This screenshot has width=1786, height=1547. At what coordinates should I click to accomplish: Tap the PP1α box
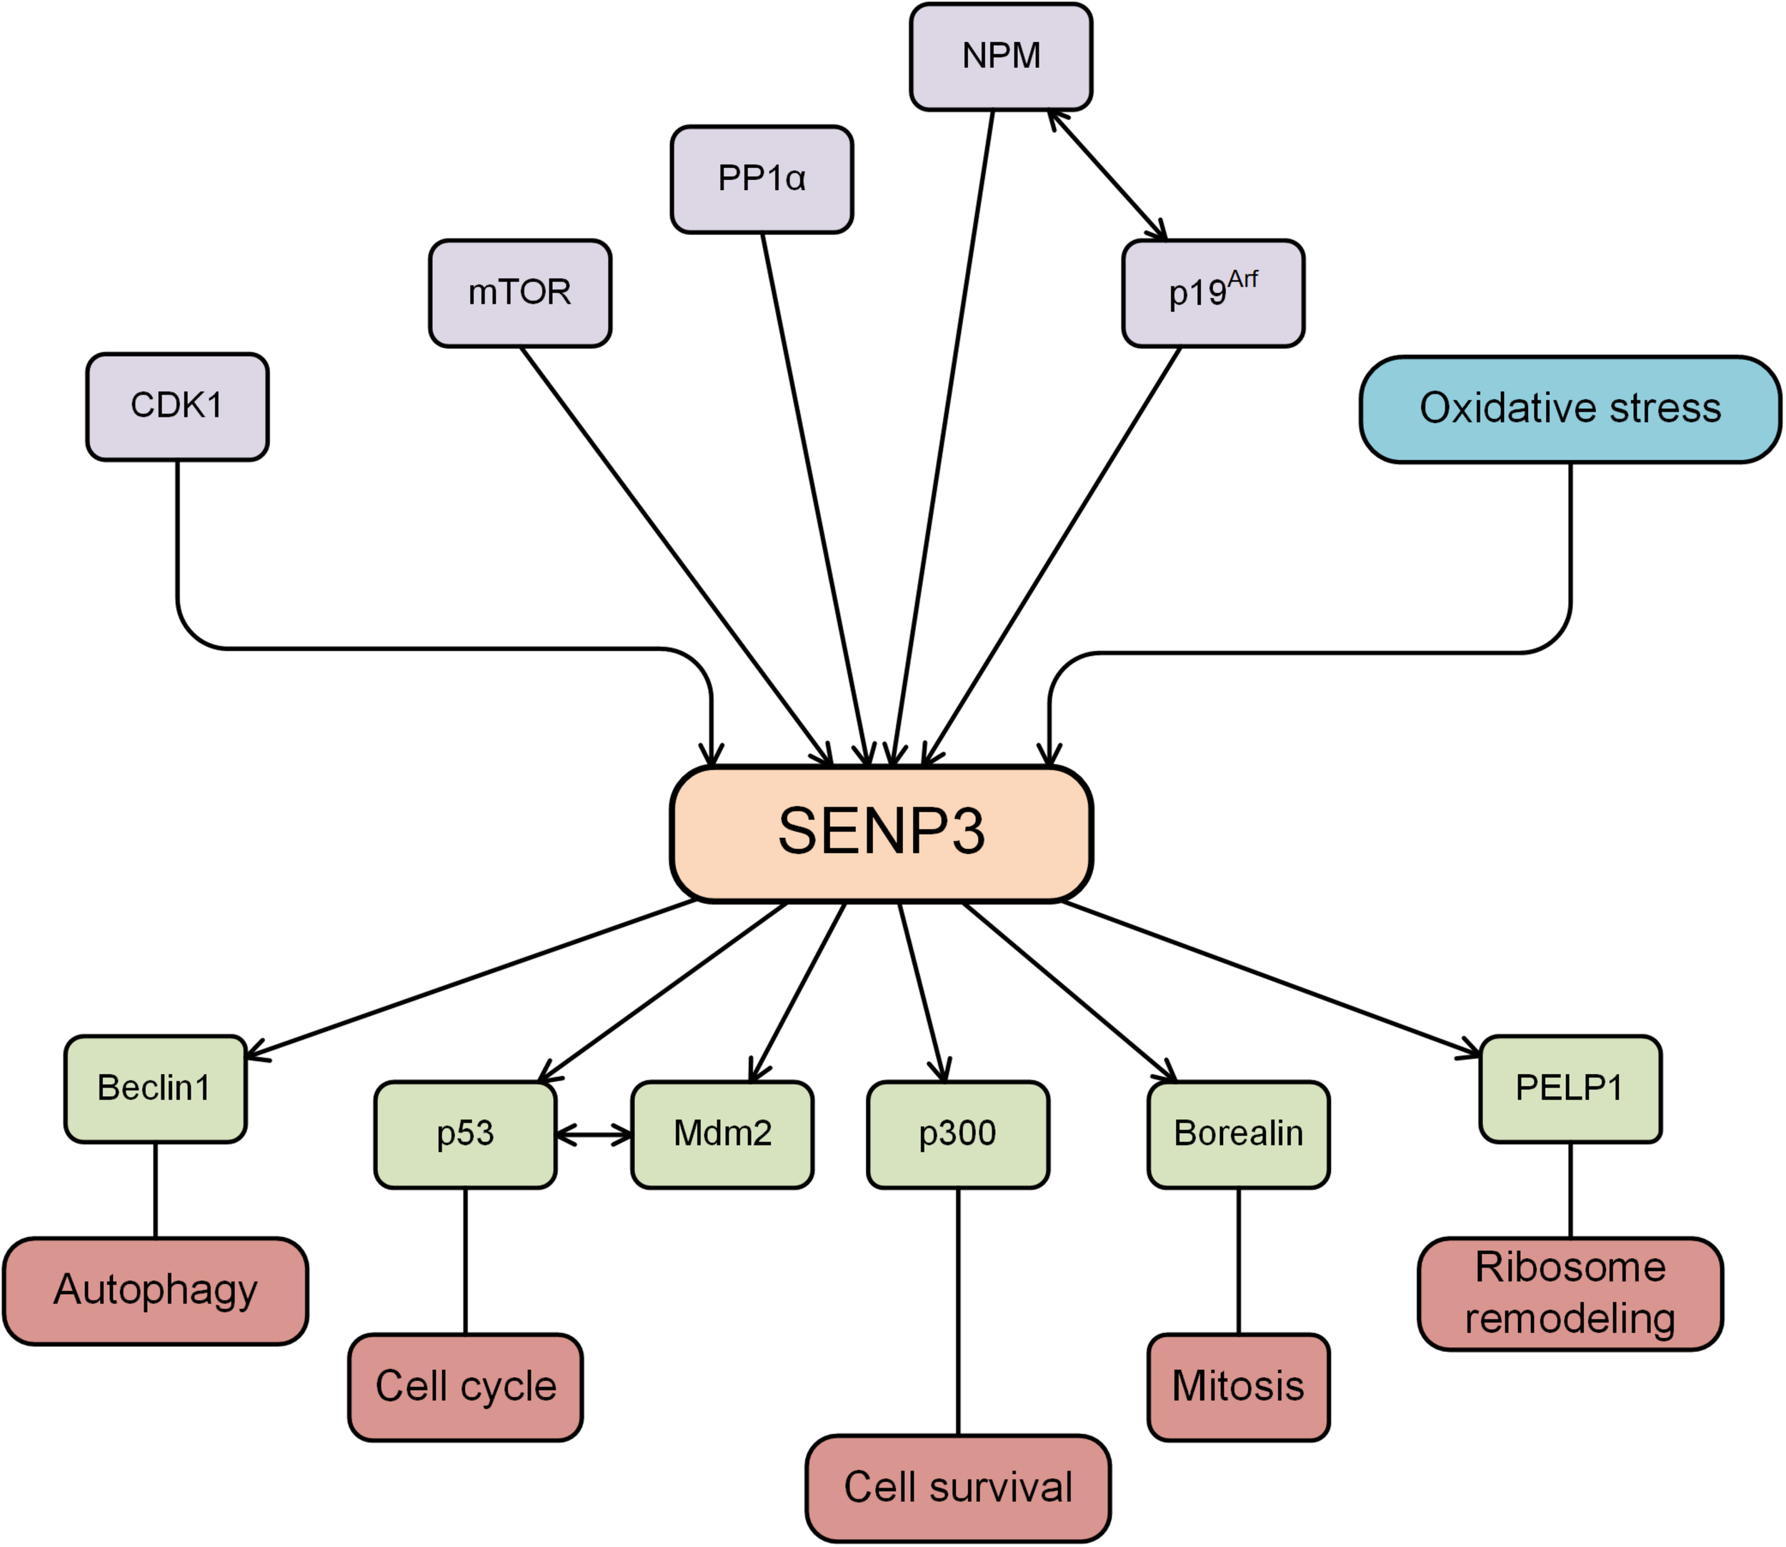point(762,179)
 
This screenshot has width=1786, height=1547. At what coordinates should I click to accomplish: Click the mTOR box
point(519,294)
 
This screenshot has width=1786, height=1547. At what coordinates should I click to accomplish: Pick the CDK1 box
point(177,407)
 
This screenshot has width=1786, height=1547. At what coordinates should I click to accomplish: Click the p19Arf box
point(1213,294)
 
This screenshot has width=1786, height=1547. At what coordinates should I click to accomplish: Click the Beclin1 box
point(155,1088)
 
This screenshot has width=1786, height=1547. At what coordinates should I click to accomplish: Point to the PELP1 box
point(1570,1088)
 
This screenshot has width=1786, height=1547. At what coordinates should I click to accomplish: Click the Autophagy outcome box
point(155,1290)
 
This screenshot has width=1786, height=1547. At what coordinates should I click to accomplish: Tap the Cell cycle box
point(465,1387)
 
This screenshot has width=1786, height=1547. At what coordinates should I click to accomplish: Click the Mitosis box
point(1238,1387)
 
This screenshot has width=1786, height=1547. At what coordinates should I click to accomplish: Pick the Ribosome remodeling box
point(1570,1293)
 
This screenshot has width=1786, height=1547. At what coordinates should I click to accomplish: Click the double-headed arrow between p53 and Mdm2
point(594,1135)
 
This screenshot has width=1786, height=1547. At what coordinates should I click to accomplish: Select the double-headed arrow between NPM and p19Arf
point(1107,175)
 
